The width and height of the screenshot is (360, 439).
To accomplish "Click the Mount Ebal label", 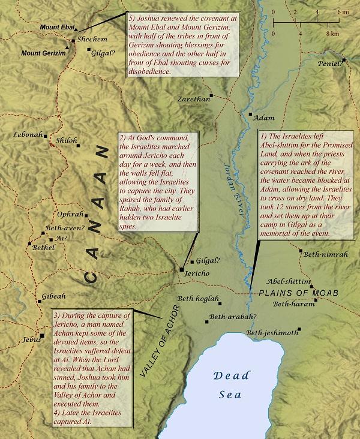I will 58,28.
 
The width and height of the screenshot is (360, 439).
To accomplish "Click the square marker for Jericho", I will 181,270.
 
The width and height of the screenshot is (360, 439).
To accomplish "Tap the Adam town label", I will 264,118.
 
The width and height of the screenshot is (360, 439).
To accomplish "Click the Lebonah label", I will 28,135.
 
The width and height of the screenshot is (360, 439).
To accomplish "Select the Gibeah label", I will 53,297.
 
